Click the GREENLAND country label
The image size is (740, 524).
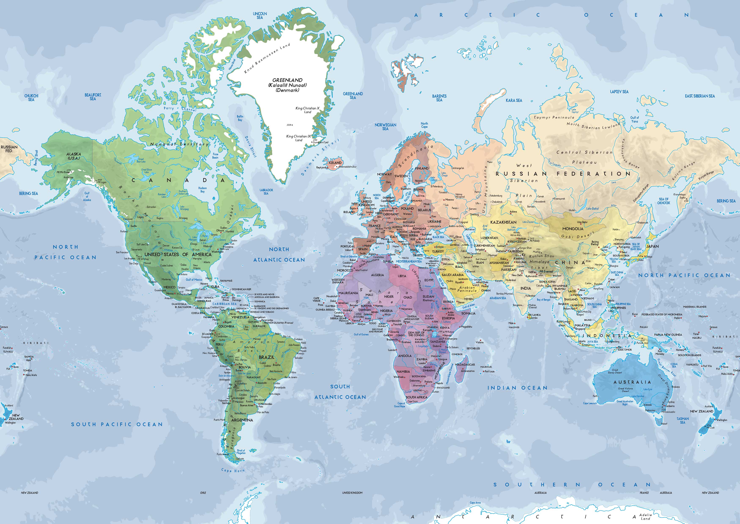pyautogui.click(x=287, y=80)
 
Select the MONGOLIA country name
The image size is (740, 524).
pyautogui.click(x=573, y=228)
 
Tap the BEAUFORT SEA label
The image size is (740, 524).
pyautogui.click(x=93, y=97)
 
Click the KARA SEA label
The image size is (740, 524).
pyautogui.click(x=514, y=100)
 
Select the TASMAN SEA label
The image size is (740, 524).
pyautogui.click(x=683, y=420)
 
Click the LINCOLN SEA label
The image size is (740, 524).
pyautogui.click(x=260, y=15)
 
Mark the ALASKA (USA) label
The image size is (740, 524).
pyautogui.click(x=74, y=156)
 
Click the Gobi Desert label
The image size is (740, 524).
pyautogui.click(x=577, y=235)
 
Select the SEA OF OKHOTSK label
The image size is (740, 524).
pyautogui.click(x=664, y=201)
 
